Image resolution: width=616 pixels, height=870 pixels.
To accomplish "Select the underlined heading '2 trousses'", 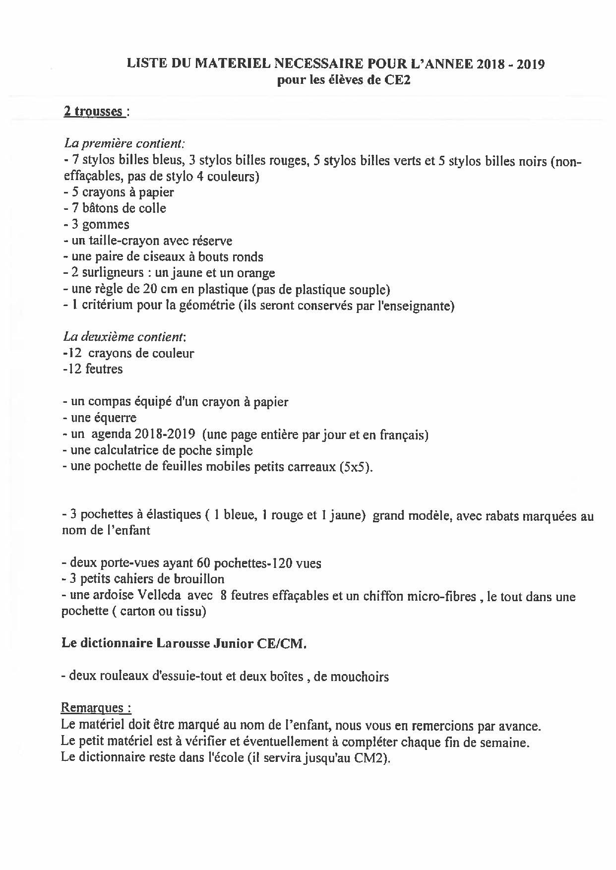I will point(93,112).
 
